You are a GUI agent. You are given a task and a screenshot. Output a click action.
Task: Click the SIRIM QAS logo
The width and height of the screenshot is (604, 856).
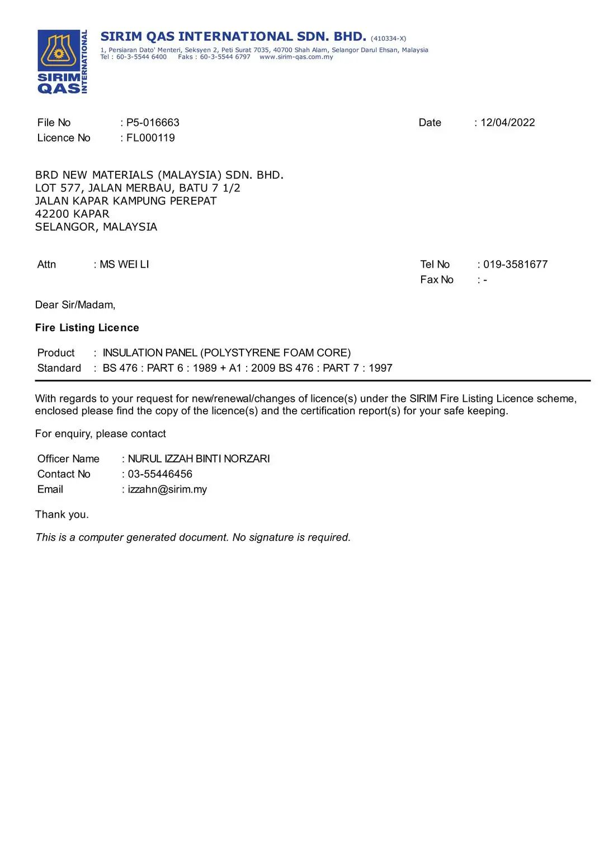[62, 62]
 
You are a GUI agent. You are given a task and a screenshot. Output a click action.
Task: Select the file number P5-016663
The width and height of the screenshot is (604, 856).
[153, 123]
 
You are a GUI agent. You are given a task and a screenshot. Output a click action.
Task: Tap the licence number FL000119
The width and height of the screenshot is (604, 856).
[150, 138]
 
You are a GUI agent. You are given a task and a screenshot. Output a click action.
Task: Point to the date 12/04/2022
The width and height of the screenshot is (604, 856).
[507, 123]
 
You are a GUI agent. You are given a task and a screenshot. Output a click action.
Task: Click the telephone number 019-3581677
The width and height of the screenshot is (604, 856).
[515, 264]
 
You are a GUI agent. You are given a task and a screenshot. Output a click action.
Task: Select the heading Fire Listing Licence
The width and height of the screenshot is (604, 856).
[87, 328]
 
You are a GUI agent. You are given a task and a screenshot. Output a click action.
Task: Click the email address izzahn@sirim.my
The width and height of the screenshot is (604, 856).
[167, 489]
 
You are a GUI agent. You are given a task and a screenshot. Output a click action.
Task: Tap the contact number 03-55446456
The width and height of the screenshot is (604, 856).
[160, 474]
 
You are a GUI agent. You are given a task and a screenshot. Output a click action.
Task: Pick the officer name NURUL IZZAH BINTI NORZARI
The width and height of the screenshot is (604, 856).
[199, 459]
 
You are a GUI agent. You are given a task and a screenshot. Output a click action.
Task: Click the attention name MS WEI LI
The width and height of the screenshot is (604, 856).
[124, 264]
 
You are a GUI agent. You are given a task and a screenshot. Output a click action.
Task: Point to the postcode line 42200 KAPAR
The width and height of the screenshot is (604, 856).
[72, 214]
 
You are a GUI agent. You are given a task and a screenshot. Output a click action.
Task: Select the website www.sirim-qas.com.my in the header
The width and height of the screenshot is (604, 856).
[296, 57]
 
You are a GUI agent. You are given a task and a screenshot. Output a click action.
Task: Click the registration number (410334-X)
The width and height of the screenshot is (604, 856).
[388, 39]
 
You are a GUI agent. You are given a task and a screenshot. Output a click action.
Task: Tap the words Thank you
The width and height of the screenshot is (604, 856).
[62, 514]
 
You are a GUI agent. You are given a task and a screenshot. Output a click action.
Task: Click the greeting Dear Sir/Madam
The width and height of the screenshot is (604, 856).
[75, 305]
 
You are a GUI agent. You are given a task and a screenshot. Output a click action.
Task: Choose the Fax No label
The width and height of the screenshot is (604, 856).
[437, 279]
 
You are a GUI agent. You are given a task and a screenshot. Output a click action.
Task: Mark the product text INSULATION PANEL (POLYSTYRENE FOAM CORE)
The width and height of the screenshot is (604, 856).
[226, 353]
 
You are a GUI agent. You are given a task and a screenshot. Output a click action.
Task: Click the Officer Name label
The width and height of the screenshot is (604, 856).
[68, 459]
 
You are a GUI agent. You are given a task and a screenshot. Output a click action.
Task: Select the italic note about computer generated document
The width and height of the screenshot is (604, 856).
[193, 537]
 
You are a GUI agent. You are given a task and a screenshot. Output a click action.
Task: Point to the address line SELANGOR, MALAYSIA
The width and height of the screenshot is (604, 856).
[96, 227]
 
